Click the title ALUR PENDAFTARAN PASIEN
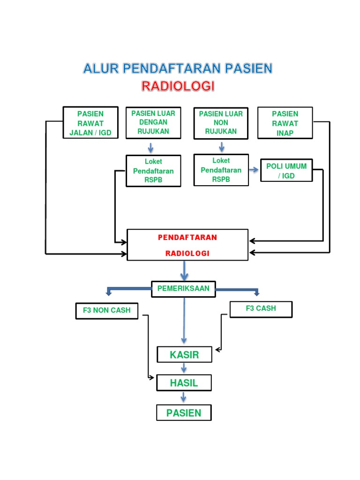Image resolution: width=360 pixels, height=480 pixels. point(178,69)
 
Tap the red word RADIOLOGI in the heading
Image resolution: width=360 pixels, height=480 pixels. point(178,86)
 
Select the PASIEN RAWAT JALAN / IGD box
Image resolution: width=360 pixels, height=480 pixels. point(90,123)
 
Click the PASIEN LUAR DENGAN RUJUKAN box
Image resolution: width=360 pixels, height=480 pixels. point(153,123)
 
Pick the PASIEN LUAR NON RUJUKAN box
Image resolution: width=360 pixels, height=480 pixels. point(221,123)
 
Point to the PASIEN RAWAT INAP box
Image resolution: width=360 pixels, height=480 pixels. point(285,123)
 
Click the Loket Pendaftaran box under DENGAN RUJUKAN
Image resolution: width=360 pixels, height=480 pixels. point(153,171)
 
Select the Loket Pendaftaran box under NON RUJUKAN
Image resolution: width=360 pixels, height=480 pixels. point(221,170)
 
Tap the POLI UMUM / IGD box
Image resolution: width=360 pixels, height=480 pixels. point(286,171)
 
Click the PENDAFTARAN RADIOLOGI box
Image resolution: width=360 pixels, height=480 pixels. point(187,245)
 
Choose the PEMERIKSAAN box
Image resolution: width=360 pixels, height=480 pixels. point(183,289)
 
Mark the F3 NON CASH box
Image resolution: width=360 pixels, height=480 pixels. point(107,310)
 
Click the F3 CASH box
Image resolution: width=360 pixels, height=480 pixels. point(261,309)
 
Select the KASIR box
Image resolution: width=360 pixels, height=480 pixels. point(184,355)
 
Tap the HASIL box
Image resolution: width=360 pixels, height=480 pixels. point(184,382)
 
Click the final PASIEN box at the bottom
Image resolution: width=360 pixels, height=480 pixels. point(184,413)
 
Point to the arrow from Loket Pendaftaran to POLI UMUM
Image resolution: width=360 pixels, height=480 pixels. point(254,170)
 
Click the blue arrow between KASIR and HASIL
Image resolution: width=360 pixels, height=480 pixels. point(184,368)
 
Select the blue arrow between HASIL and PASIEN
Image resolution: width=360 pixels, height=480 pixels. point(184,397)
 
